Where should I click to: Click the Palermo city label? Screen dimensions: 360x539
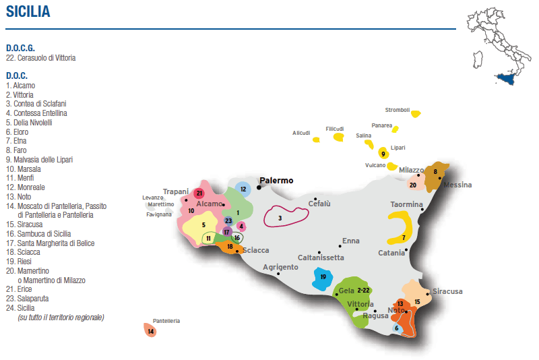(277, 181)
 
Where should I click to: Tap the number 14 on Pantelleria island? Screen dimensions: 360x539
(151, 331)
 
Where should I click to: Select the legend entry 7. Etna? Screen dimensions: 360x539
(17, 141)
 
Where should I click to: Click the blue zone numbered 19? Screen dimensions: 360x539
(323, 276)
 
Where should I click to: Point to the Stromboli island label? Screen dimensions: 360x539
(397, 110)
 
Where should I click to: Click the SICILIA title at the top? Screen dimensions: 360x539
(28, 11)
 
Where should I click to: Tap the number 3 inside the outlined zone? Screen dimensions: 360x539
(280, 218)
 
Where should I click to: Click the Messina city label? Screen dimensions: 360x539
(457, 185)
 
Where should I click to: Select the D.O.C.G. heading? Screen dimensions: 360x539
(20, 48)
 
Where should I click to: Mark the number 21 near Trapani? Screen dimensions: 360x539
(199, 193)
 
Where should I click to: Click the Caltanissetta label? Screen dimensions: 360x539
(321, 258)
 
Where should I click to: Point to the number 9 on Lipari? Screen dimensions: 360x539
(383, 154)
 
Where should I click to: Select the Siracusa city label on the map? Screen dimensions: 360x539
(447, 291)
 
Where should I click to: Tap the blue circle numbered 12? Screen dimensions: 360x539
(243, 189)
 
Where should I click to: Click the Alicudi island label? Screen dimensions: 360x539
(301, 133)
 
